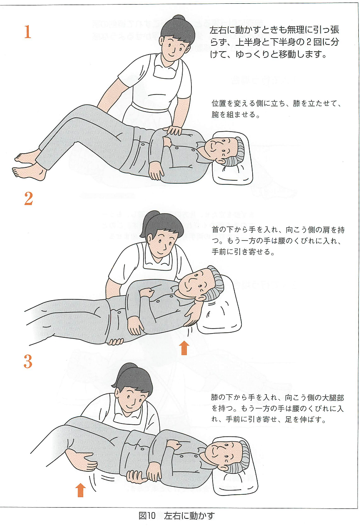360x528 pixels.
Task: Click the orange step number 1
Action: [x=27, y=32]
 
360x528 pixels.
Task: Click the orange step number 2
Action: [x=28, y=199]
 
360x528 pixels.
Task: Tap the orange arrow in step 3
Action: [x=81, y=490]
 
